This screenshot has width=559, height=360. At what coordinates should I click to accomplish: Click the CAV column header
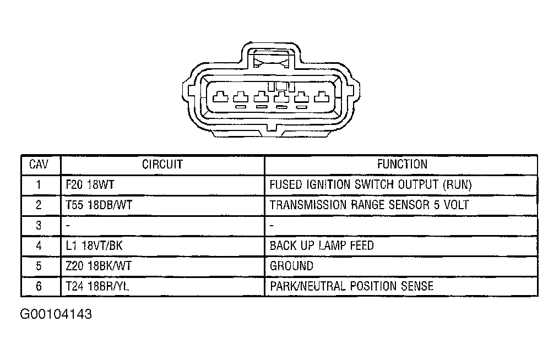39,165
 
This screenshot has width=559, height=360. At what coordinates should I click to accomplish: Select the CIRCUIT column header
162,165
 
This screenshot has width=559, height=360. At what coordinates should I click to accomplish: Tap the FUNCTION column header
402,164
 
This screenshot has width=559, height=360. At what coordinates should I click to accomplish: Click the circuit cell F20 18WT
90,184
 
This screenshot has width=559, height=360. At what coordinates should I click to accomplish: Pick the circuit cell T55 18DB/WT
99,205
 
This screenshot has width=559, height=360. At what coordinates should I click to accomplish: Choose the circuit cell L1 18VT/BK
94,246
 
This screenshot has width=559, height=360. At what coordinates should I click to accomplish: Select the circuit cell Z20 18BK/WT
99,266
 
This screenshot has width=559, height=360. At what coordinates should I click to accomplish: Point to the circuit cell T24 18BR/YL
97,286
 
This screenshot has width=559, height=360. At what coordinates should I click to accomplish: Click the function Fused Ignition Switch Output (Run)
371,184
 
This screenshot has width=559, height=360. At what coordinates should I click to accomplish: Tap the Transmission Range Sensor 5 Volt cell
369,205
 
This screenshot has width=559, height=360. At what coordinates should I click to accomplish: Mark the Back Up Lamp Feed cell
322,246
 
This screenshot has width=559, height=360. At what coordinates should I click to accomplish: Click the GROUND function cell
292,266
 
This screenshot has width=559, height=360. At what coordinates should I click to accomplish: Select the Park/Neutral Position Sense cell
351,286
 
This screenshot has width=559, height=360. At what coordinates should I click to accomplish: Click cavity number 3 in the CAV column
39,225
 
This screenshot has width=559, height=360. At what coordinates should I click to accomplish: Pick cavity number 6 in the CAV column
39,286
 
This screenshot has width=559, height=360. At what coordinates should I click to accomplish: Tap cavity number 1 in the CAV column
39,184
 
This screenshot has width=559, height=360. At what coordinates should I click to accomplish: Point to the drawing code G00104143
56,314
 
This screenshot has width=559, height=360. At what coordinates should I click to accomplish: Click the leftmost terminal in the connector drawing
220,96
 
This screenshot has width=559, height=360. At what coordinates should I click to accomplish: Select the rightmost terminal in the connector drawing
322,96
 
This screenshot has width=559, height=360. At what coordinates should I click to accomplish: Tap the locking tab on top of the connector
272,58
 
